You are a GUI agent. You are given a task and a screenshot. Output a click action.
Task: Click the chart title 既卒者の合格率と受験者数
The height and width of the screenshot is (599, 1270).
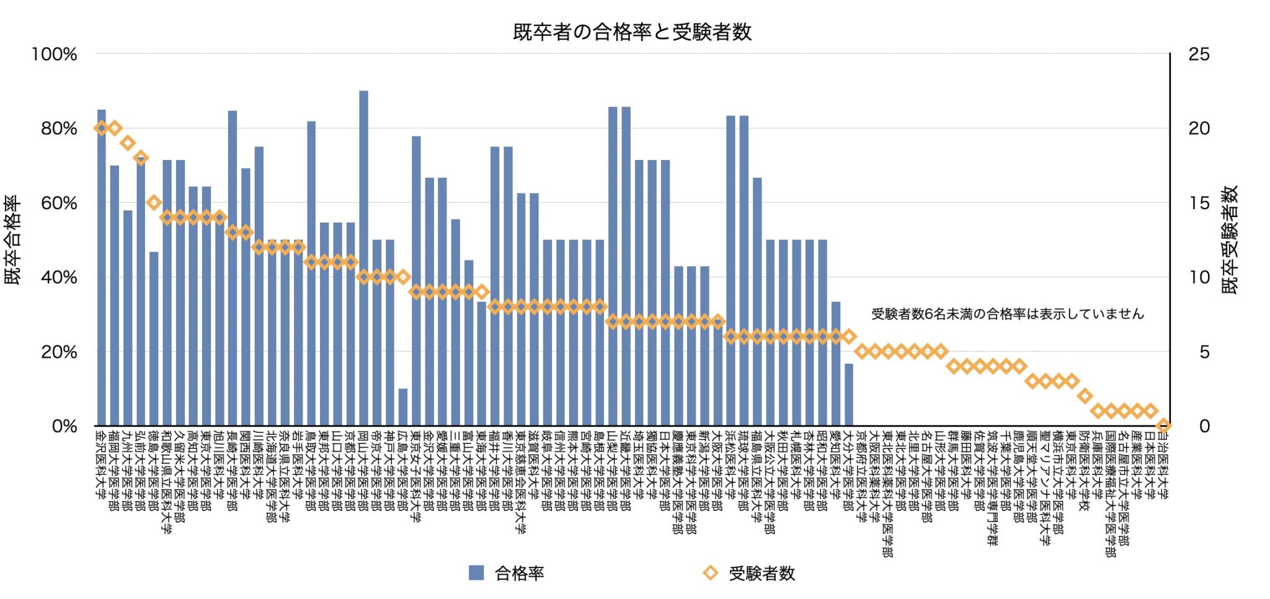[632, 32]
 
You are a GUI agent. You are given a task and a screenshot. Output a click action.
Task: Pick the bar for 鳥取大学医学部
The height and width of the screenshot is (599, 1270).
[311, 273]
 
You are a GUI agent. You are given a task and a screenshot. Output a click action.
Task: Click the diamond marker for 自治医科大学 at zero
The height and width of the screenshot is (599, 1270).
[1163, 425]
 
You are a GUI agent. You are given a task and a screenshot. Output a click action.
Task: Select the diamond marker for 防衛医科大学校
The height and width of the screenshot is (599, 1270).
[1085, 396]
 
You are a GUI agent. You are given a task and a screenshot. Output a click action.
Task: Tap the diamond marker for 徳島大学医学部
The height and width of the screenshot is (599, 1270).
[154, 202]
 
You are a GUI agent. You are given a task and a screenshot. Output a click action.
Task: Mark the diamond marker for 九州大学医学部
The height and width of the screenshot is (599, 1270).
[128, 143]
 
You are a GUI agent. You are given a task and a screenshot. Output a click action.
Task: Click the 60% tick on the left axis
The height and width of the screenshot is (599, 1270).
[59, 203]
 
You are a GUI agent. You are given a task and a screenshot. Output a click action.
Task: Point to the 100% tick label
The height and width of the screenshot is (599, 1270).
[55, 54]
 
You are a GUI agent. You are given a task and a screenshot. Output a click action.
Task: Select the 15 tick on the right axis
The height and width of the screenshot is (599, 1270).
[1199, 203]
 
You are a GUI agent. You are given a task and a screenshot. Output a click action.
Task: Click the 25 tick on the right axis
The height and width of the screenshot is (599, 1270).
[1199, 54]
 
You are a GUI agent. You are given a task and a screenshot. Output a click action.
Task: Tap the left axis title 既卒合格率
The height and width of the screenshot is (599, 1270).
[13, 240]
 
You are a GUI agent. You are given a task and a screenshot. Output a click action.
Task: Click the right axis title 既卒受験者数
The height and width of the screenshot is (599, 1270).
[1230, 240]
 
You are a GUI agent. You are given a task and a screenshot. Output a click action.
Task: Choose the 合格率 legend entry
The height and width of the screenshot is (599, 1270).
[507, 573]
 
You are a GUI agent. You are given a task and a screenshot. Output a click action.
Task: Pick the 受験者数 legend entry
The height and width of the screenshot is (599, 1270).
[749, 573]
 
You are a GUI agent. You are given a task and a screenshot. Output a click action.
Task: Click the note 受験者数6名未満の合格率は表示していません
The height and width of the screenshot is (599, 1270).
[1007, 314]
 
